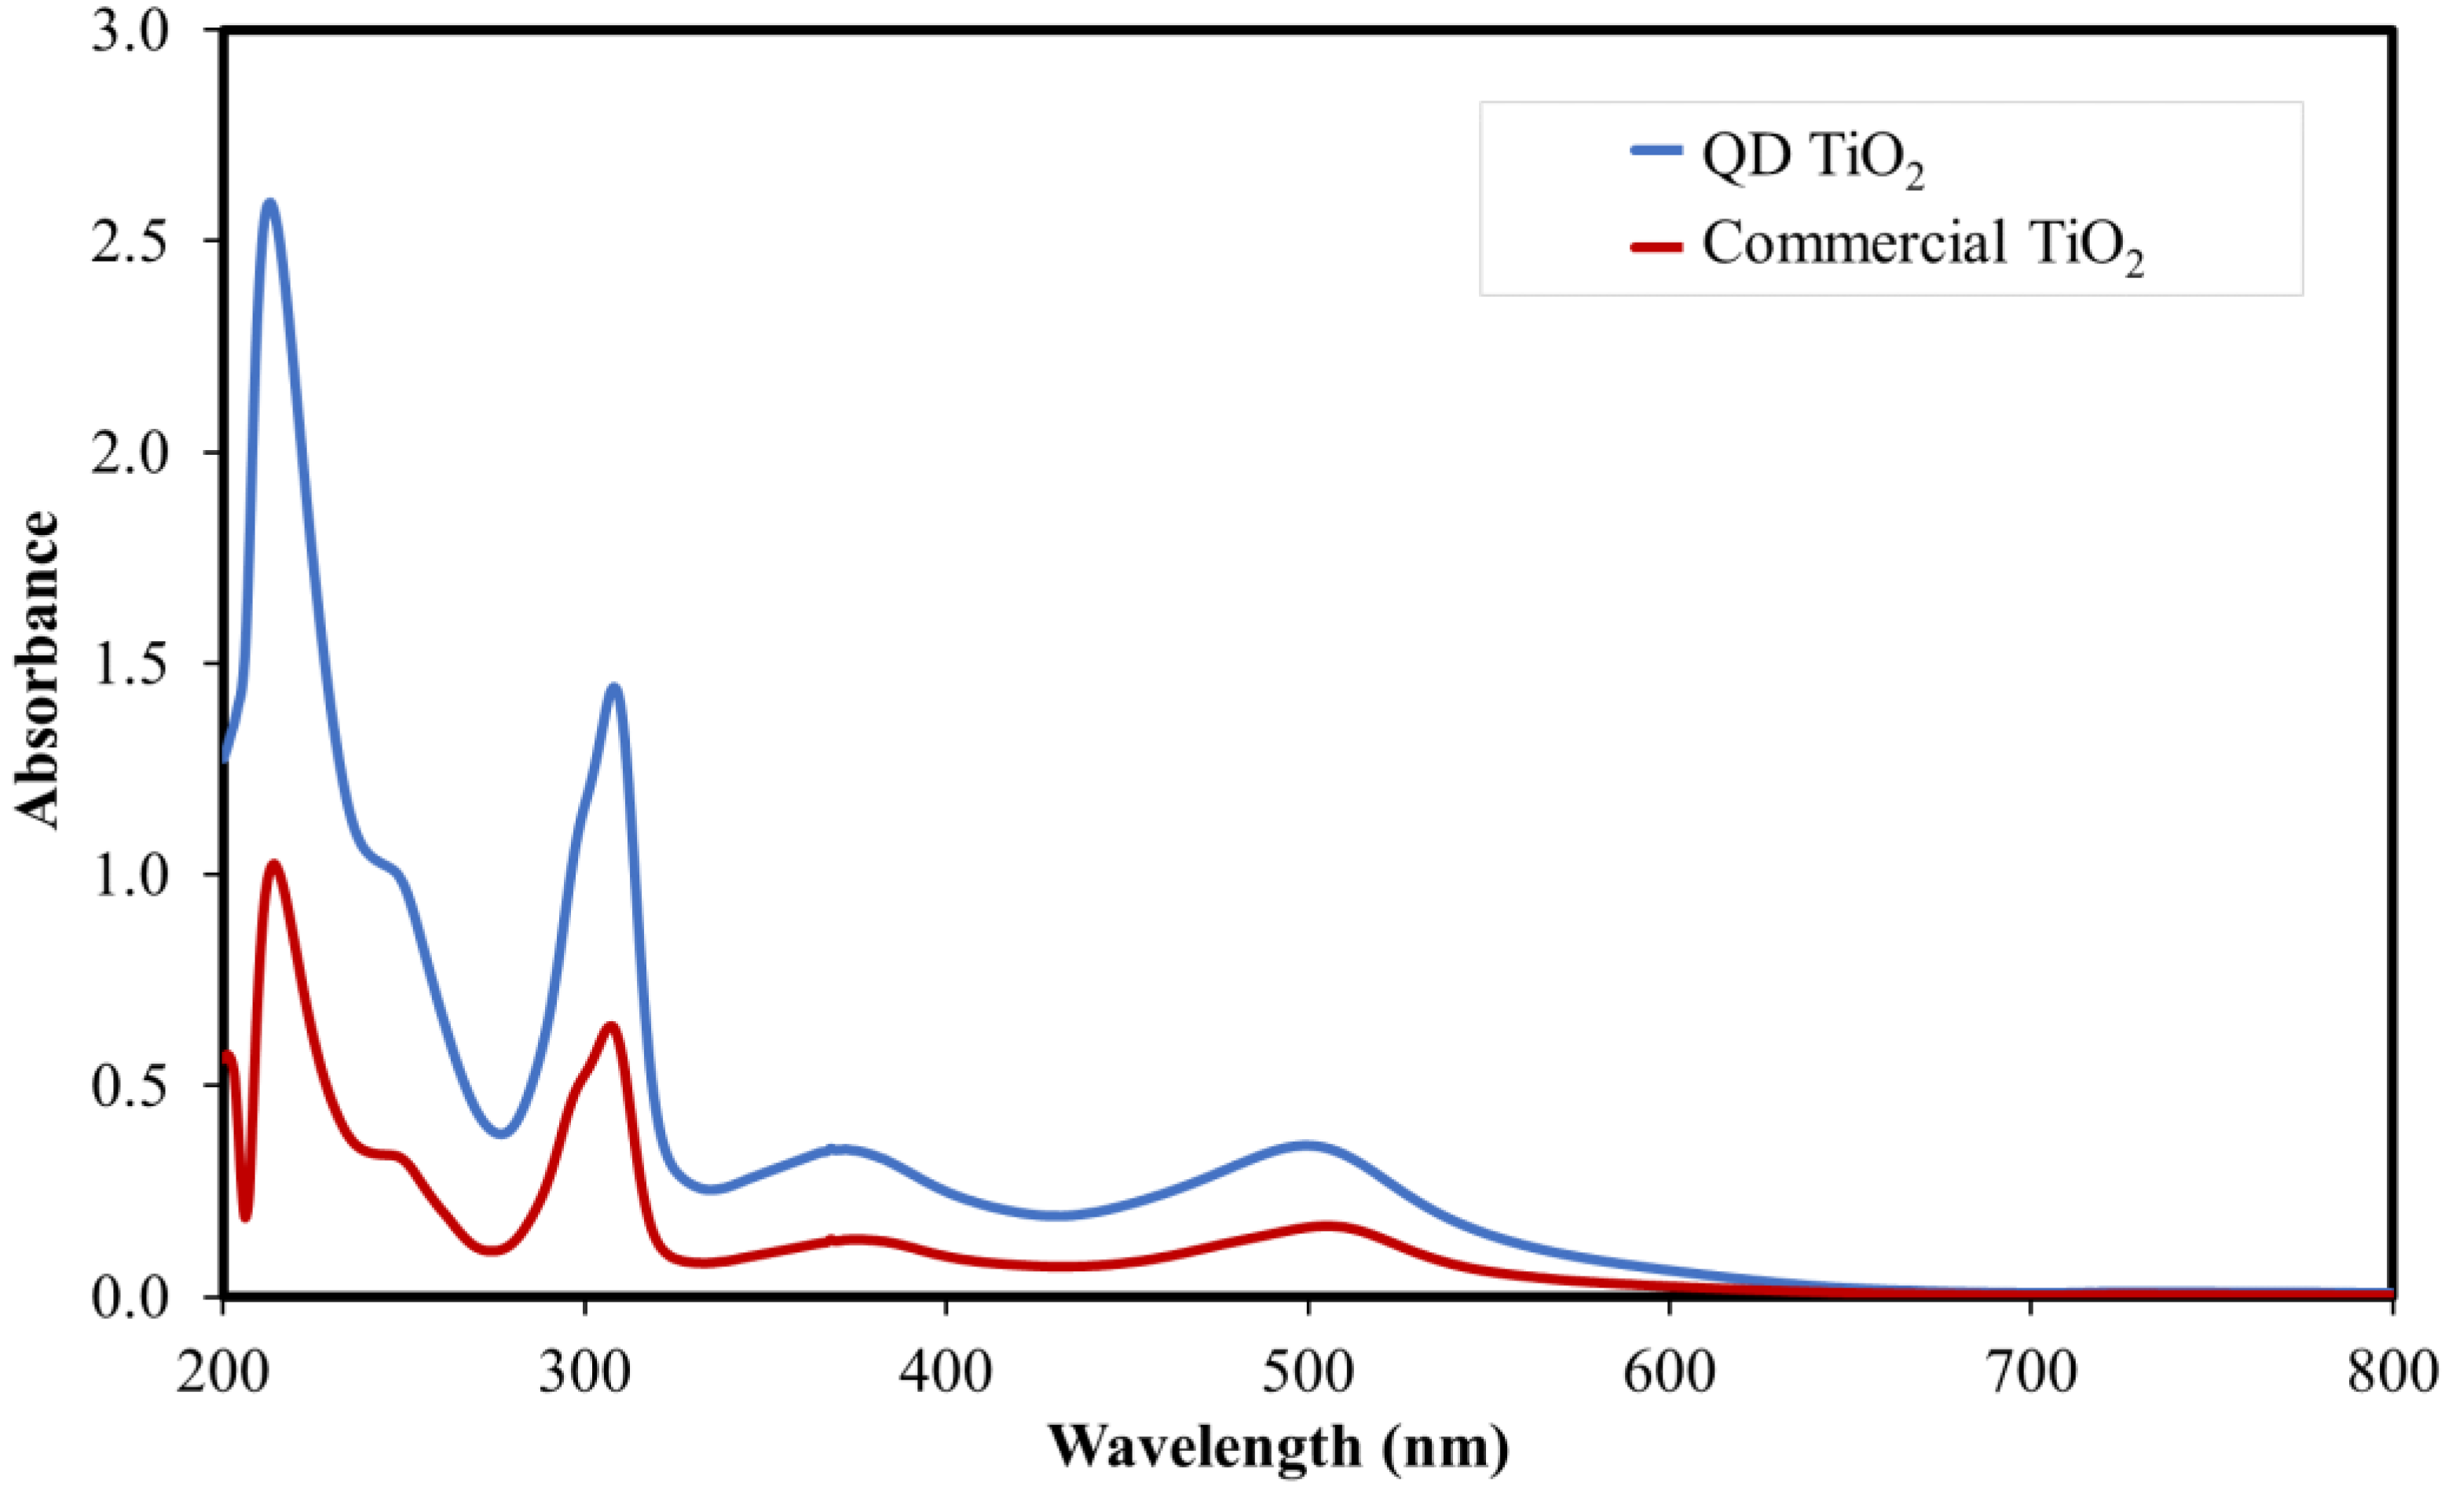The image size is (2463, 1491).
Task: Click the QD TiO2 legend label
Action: tap(1812, 159)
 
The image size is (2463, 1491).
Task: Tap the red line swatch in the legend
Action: tap(1656, 246)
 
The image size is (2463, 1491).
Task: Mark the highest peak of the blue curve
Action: tap(269, 203)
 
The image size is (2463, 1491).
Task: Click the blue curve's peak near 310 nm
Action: tap(613, 688)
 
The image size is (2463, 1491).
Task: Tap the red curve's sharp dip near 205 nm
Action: tap(245, 1215)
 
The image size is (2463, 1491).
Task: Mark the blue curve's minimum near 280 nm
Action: tap(502, 1133)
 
